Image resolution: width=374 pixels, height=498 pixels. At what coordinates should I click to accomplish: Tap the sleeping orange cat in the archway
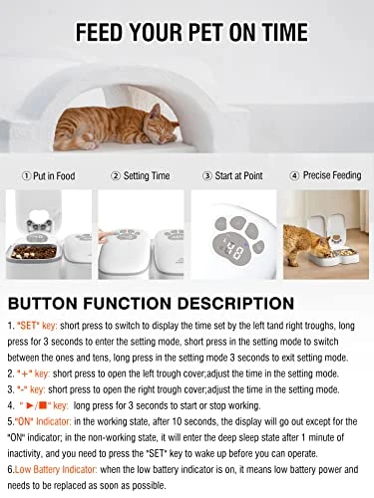117,126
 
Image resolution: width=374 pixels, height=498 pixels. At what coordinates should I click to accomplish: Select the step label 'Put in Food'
54,176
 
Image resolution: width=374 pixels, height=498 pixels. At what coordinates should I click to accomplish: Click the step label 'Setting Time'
147,175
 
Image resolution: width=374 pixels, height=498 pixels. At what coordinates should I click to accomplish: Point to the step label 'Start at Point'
238,175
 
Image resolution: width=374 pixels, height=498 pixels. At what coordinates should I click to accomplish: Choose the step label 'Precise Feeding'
332,175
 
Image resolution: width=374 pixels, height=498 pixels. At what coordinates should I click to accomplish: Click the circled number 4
294,175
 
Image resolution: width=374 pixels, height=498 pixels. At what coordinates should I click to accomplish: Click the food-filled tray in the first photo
34,252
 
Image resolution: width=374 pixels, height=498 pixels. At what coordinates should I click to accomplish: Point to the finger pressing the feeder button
106,237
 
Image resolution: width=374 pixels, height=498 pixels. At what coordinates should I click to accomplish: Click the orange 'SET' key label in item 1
37,326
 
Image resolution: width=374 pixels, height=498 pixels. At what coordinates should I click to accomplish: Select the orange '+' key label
34,373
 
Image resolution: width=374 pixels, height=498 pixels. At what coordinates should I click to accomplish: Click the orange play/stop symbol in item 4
38,405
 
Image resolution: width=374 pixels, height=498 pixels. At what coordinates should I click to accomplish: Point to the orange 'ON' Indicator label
44,421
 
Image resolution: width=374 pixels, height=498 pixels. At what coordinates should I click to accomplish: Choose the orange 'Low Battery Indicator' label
56,470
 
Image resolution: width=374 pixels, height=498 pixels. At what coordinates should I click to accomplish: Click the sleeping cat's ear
155,111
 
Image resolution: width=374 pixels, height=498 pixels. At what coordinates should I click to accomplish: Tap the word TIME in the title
284,32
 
